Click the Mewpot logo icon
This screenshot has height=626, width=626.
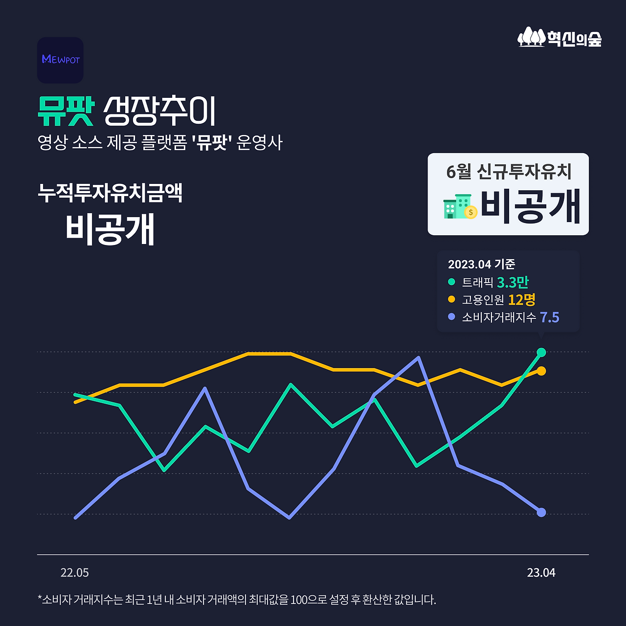[x=60, y=60]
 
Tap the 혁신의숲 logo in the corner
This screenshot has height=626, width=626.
[x=559, y=38]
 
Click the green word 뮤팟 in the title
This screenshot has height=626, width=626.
[x=66, y=112]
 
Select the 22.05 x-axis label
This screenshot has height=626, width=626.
[x=75, y=573]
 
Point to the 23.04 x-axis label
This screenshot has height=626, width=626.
[x=541, y=573]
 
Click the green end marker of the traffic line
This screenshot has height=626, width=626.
[x=541, y=352]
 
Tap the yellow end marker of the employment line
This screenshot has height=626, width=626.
[x=541, y=371]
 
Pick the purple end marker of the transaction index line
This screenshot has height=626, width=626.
[x=541, y=513]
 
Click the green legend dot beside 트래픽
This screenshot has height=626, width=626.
[x=451, y=282]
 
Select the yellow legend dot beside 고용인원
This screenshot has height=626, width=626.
[x=451, y=299]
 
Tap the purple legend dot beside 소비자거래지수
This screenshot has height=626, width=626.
[x=451, y=317]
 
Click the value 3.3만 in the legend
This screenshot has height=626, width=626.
[x=513, y=282]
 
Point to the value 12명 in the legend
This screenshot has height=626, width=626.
[x=521, y=299]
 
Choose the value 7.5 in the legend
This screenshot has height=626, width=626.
[x=549, y=317]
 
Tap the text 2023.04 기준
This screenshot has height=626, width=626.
[x=481, y=264]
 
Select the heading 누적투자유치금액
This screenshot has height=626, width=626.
[x=110, y=193]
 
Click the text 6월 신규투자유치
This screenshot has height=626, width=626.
[x=509, y=172]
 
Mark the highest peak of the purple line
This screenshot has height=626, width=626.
[x=418, y=358]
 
